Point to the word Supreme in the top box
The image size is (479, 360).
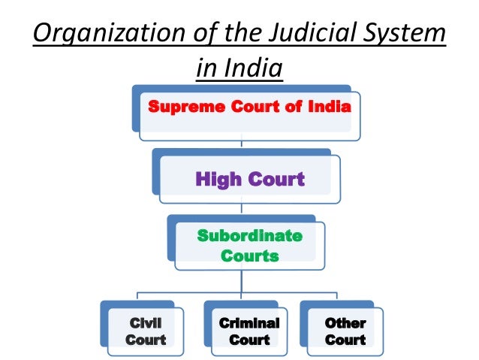point(178,107)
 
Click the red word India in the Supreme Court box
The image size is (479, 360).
point(330,107)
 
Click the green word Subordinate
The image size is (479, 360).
point(249,236)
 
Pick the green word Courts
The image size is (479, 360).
point(249,256)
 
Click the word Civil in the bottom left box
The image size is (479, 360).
point(146,323)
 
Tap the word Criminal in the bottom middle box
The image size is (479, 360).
point(249,323)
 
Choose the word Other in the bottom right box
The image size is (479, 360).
point(345,323)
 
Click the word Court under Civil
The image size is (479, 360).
point(146,340)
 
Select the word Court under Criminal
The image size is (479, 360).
point(249,340)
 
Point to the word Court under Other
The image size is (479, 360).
point(345,340)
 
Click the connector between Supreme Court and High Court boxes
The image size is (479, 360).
point(241,143)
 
